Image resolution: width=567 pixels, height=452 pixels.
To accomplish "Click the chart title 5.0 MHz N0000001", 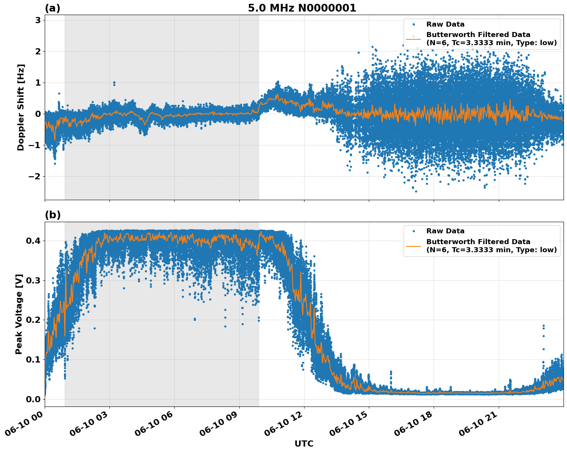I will (302, 8).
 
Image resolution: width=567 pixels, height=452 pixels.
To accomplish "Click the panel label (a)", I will (52, 8).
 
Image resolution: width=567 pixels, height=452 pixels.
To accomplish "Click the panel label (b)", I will (52, 215).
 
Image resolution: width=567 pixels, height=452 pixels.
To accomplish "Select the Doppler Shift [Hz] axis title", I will (21, 107).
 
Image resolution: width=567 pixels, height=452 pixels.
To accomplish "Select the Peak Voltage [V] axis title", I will (19, 314).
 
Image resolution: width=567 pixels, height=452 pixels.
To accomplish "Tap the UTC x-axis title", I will (304, 444).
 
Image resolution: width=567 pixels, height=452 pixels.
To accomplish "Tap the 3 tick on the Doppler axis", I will (38, 20).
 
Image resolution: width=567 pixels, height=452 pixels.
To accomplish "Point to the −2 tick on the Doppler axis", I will (35, 176).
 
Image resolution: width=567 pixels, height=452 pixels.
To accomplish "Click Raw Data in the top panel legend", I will (445, 24).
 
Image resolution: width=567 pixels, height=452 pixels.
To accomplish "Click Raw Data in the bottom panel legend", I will (445, 231).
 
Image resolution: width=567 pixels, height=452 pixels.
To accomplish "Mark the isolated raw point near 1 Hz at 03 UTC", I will (114, 83).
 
